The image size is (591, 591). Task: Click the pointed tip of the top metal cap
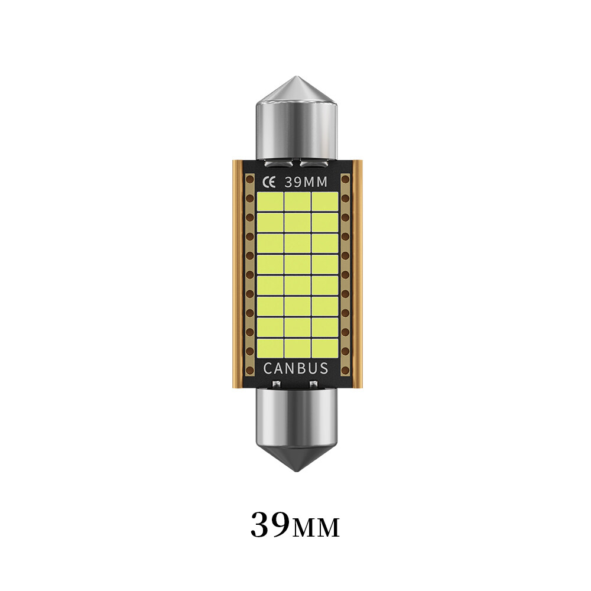tap(295, 79)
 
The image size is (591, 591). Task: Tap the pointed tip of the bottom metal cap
tap(295, 470)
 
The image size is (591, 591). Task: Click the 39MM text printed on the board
tap(306, 181)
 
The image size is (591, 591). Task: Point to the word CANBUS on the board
tap(295, 369)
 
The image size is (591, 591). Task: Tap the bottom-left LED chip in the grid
tap(269, 348)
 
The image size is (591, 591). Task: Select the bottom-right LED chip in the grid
tap(324, 348)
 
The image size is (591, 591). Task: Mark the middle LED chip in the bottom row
tap(297, 348)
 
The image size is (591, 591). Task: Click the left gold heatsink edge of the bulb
tap(235, 272)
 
